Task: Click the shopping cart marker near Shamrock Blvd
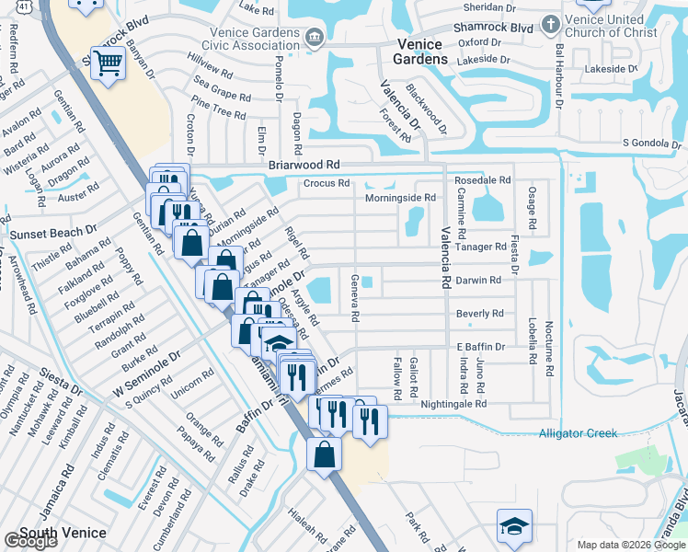coord(109,63)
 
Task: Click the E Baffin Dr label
coord(482,347)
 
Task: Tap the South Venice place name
coord(63,533)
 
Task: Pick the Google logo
coord(30,541)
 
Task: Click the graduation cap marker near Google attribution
coord(514,525)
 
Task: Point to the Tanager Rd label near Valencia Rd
coord(481,247)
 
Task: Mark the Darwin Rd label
coord(479,280)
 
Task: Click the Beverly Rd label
coord(480,314)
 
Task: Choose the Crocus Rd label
coord(327,183)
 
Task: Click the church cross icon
coord(550,22)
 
